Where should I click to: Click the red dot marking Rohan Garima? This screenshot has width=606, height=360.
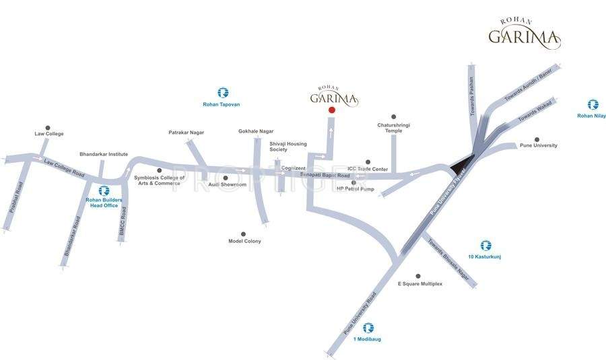[x=331, y=110]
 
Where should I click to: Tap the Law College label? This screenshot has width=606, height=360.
[x=49, y=134]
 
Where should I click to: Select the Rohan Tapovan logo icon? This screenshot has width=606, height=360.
[x=222, y=92]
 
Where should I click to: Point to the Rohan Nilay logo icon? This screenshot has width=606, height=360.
[x=593, y=104]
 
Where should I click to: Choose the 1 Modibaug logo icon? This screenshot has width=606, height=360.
[x=368, y=328]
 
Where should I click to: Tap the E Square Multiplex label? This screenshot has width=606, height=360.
[x=420, y=284]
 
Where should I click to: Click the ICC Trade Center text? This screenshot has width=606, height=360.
[x=368, y=169]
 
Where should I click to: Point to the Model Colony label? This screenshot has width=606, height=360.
[x=244, y=241]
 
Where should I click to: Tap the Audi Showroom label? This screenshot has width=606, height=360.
[x=228, y=184]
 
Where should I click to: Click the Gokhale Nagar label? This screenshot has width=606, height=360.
[x=254, y=131]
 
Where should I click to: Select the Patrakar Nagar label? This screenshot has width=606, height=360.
[x=186, y=133]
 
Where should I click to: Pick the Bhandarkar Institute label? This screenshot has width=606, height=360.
[x=104, y=154]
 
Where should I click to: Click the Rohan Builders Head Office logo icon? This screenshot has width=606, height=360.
[x=104, y=191]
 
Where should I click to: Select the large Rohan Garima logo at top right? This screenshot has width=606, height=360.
[x=524, y=35]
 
